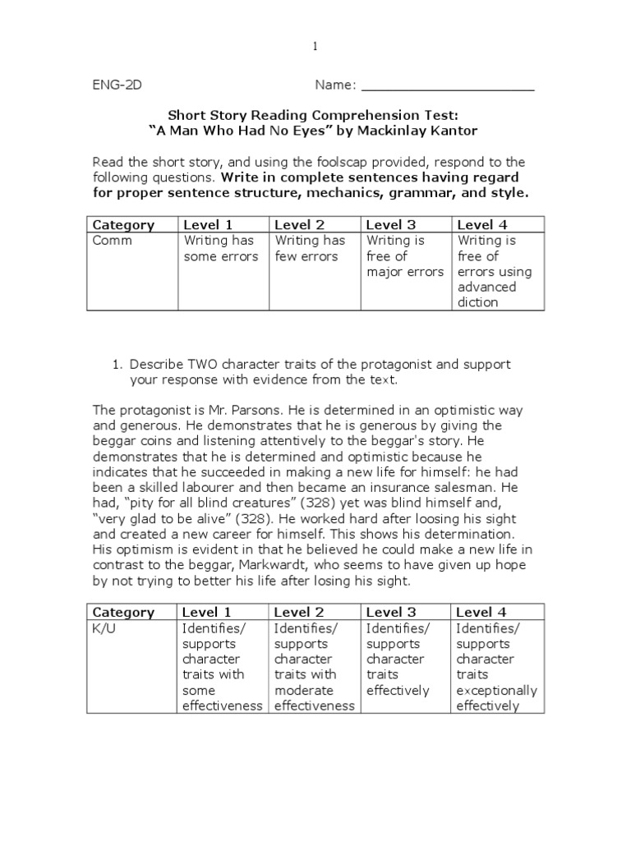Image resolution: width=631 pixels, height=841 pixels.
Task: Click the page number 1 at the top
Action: (x=315, y=48)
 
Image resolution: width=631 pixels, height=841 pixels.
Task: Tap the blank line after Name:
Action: (x=448, y=85)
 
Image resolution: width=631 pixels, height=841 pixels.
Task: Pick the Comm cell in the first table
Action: (x=113, y=241)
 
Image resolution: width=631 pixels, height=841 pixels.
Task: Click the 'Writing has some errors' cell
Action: (x=220, y=249)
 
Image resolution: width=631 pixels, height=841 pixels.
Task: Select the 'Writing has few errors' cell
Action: (x=311, y=249)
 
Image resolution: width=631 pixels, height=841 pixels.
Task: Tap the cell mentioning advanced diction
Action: (x=495, y=271)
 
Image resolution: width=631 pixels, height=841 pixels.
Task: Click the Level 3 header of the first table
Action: (x=391, y=224)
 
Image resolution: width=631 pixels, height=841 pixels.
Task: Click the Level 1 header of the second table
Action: (x=208, y=612)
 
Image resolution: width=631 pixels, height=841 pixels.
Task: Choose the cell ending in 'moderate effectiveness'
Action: (x=314, y=667)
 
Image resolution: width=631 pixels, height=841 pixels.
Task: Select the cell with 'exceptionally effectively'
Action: (x=496, y=667)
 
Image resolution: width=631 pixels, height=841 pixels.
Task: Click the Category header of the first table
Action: (x=123, y=224)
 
